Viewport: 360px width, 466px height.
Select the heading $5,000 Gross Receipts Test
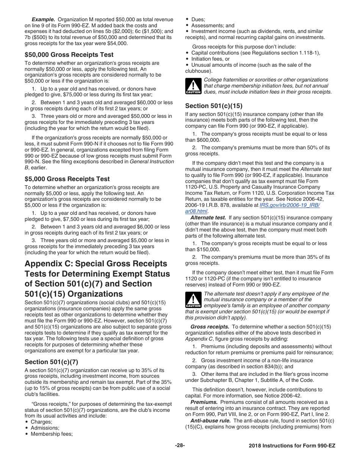click(x=67, y=179)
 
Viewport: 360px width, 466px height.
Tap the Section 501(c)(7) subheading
click(x=51, y=361)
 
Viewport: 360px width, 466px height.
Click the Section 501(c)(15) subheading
click(x=214, y=106)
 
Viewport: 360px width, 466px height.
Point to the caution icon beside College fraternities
click(x=193, y=86)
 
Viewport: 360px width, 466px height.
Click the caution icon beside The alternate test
click(x=193, y=300)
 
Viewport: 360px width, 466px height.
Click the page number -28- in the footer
click(x=180, y=446)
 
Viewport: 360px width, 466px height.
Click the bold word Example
click(x=43, y=19)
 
